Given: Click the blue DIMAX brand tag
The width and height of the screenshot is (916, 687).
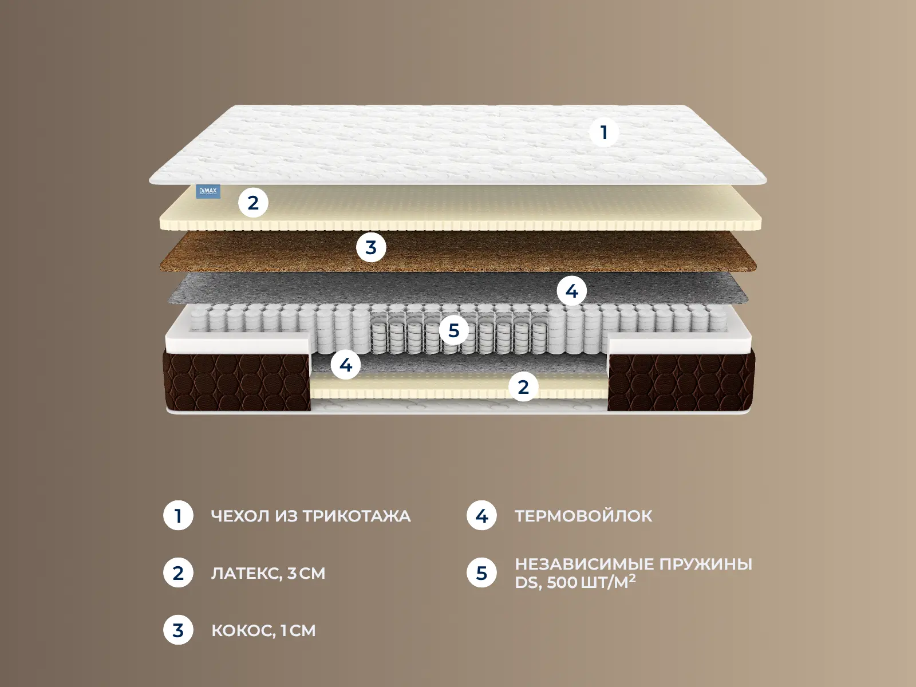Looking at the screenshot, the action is tap(208, 191).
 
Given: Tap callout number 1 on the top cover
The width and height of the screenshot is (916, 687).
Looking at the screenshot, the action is tap(604, 132).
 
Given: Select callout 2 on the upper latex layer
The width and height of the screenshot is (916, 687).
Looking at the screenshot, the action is tap(253, 203).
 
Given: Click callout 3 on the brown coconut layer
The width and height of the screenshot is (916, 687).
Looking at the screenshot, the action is tap(371, 247).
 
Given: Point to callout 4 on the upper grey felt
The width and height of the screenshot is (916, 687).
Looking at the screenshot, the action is tap(572, 291).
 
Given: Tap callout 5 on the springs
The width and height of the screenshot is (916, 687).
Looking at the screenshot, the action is tap(453, 330).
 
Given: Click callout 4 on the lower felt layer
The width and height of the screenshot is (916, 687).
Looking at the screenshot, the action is tap(346, 365).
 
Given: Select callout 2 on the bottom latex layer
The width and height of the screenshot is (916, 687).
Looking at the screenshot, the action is tap(523, 386).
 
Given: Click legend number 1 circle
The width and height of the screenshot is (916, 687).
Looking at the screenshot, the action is tap(178, 516).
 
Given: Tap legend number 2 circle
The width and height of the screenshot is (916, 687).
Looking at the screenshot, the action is tap(178, 572).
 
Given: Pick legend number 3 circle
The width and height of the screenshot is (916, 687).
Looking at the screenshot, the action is tap(178, 630).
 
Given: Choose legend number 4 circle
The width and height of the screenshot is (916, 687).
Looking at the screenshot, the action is tap(481, 516).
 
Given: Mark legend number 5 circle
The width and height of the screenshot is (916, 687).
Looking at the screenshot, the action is tap(481, 572).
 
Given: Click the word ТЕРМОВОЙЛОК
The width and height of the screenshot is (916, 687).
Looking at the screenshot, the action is tap(583, 516).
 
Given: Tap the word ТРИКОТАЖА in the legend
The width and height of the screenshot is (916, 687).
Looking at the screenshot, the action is tap(357, 516).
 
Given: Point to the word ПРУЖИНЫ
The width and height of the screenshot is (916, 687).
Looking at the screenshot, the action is tap(706, 564).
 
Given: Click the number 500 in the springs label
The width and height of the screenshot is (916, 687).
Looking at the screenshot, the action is tap(562, 583).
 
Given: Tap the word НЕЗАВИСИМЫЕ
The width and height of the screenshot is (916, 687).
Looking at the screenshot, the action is tap(585, 564).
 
